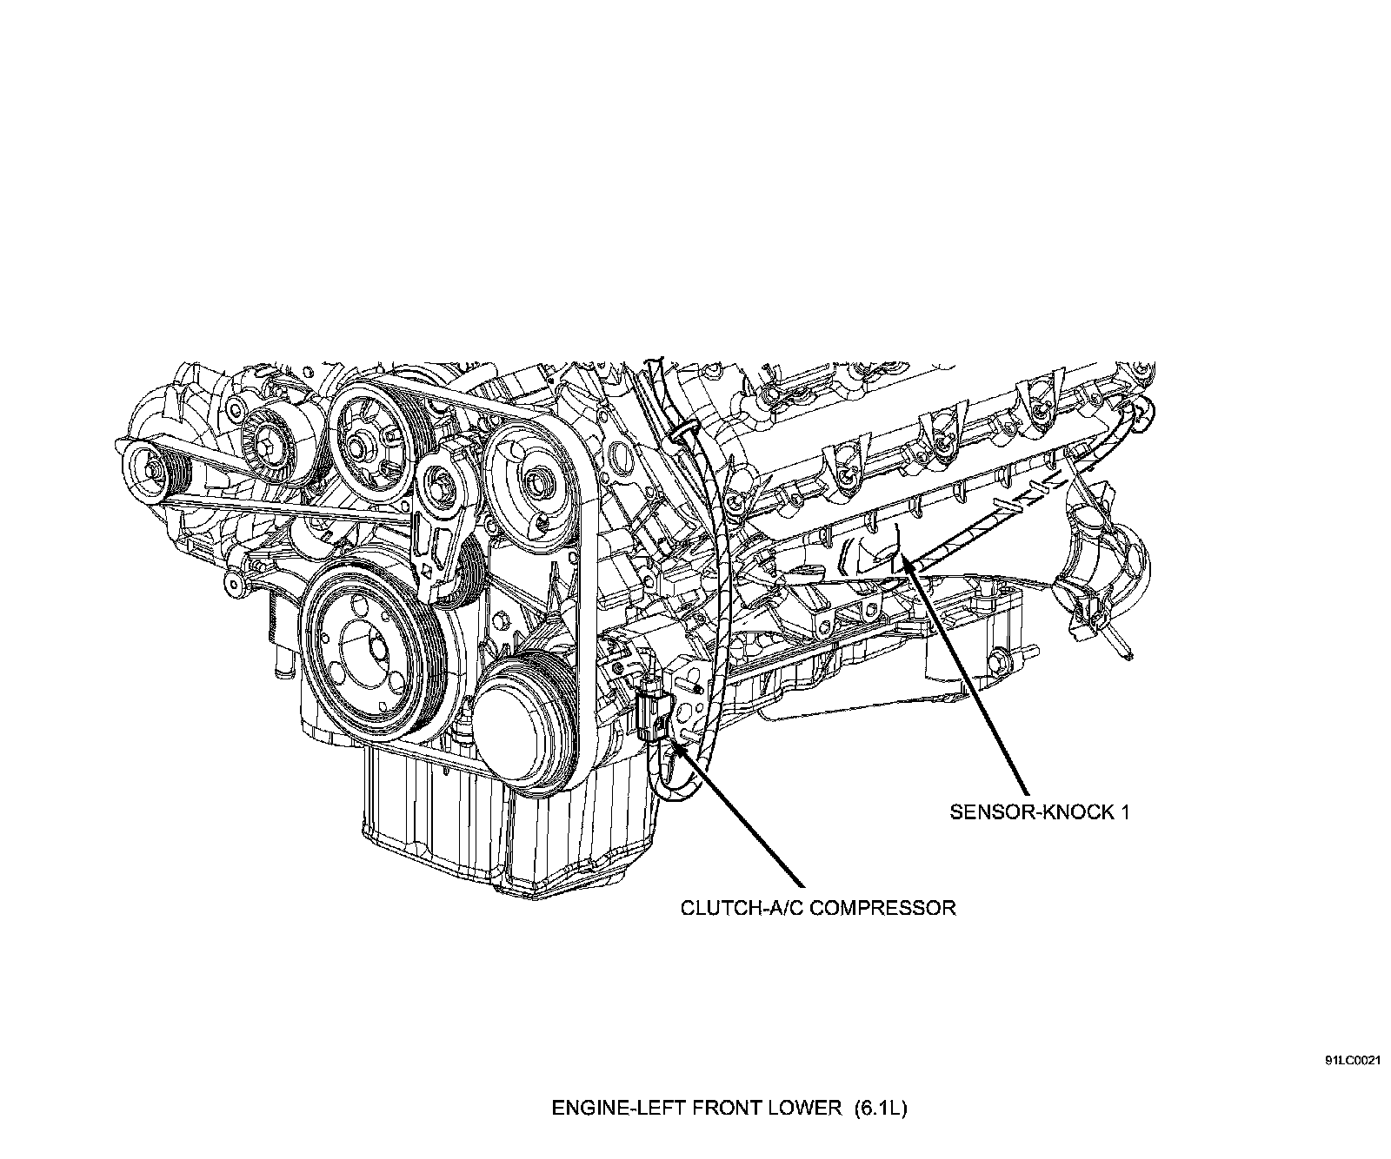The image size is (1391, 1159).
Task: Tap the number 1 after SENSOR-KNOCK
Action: point(1124,812)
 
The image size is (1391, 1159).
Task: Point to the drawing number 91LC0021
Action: point(1354,1061)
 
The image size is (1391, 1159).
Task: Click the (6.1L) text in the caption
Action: point(881,1108)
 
